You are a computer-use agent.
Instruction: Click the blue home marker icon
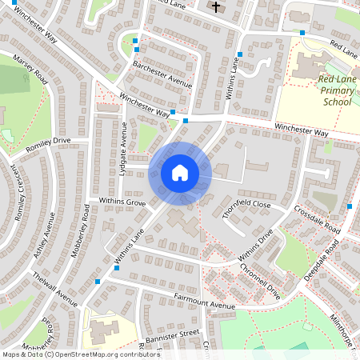click(x=180, y=172)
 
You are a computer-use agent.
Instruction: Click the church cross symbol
click(x=214, y=7)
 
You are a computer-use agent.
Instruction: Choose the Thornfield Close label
click(x=247, y=205)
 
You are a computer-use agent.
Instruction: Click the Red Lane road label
click(x=343, y=50)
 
